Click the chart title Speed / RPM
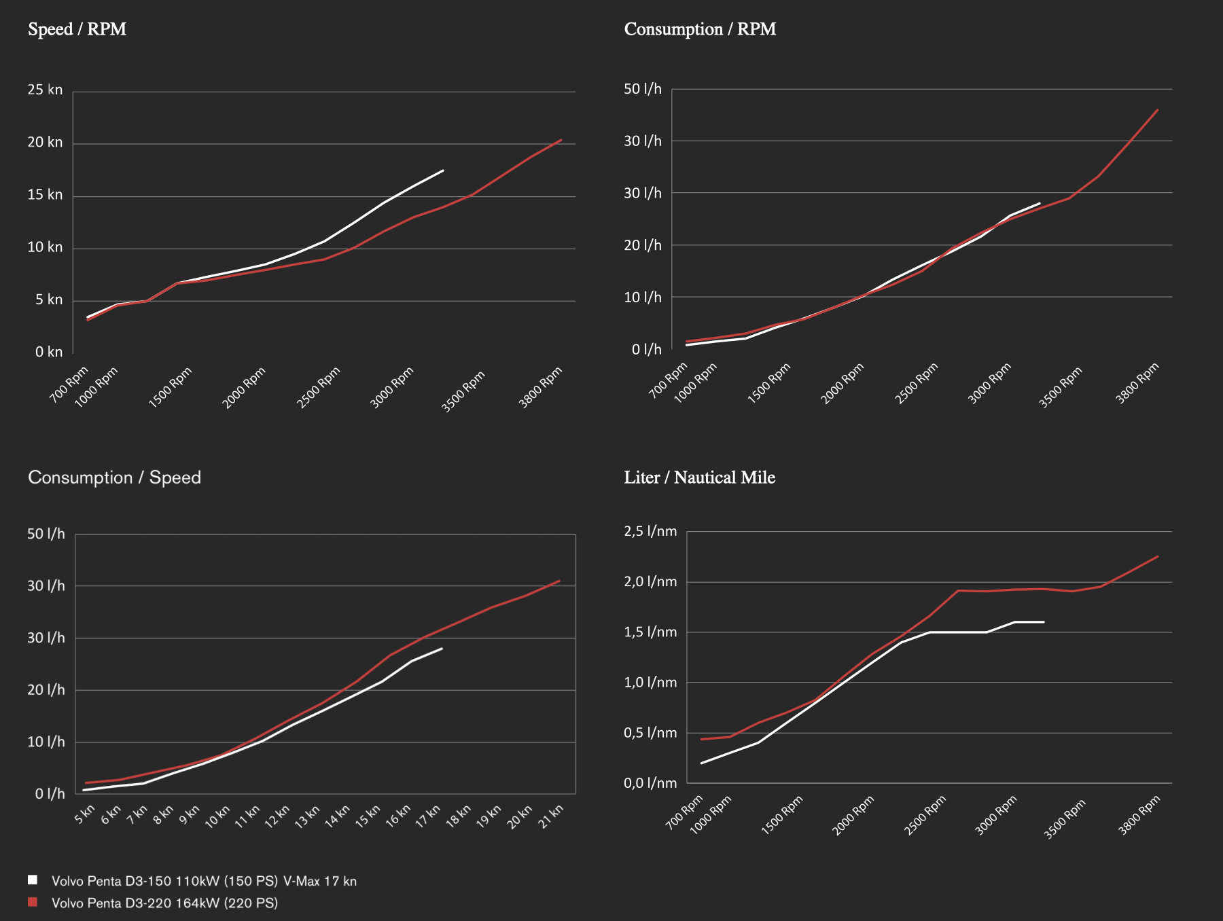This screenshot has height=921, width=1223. (77, 29)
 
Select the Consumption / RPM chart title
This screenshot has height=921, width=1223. (700, 29)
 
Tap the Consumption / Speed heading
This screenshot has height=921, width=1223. (114, 477)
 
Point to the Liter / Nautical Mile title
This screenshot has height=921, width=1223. (699, 477)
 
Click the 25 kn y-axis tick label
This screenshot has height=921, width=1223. (45, 90)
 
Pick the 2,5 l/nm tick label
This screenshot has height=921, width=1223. (650, 531)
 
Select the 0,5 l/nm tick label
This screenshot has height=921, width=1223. (650, 733)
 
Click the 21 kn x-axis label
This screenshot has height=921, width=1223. (552, 814)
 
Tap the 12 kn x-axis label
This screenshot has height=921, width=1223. (278, 815)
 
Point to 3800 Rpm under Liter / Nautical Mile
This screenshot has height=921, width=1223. (1139, 815)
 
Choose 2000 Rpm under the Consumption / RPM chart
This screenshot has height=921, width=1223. (843, 383)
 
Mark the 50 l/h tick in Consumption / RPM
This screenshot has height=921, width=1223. (642, 89)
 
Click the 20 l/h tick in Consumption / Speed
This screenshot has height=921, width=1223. (46, 690)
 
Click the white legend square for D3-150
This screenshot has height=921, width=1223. (33, 880)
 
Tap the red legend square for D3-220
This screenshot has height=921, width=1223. (33, 902)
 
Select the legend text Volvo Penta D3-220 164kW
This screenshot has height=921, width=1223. (164, 903)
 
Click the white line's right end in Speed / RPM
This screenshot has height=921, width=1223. (443, 170)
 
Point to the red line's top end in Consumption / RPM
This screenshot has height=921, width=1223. (1158, 109)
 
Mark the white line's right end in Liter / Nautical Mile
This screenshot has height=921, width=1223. (1044, 621)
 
